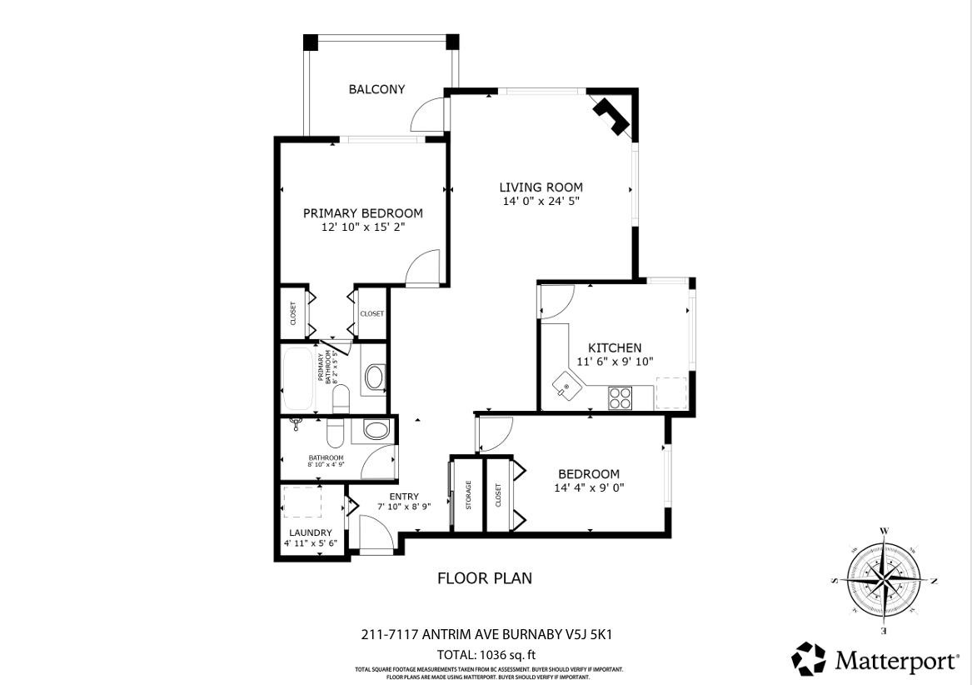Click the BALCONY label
376,89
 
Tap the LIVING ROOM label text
541,187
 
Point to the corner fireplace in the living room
612,115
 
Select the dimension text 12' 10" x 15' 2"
362,227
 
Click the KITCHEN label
615,347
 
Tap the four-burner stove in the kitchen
620,397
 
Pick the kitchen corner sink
566,387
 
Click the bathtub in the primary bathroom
298,379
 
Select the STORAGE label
468,495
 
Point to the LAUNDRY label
310,532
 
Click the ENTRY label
404,497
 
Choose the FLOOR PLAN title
485,577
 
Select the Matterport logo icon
808,658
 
